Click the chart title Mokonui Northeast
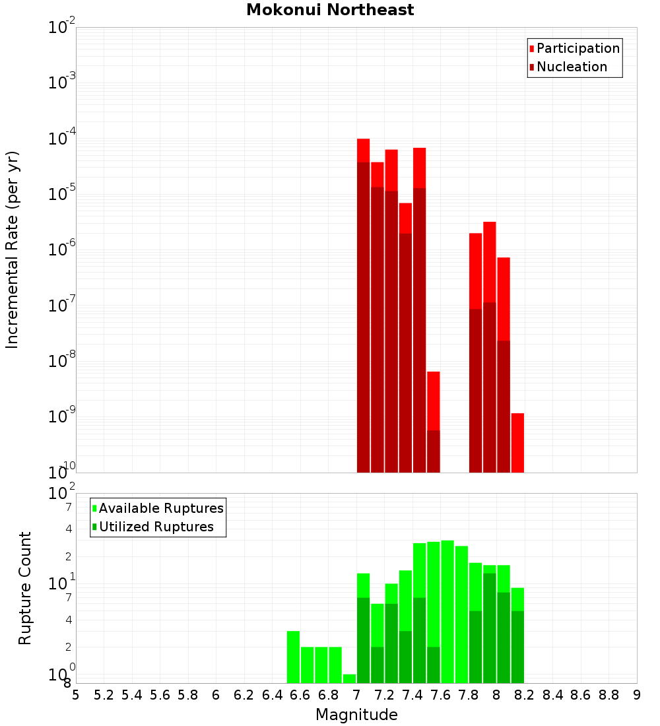(330, 11)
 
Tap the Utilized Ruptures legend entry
(156, 527)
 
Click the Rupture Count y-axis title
(25, 588)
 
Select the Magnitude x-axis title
(356, 715)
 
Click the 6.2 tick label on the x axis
(244, 695)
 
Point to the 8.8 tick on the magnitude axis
(609, 695)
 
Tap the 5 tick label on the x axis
(76, 695)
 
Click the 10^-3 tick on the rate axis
(63, 82)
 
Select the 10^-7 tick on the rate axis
(63, 306)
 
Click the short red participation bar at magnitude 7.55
(433, 401)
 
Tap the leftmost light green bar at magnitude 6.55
(293, 657)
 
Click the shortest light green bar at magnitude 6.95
(349, 678)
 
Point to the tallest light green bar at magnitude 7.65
(447, 611)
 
